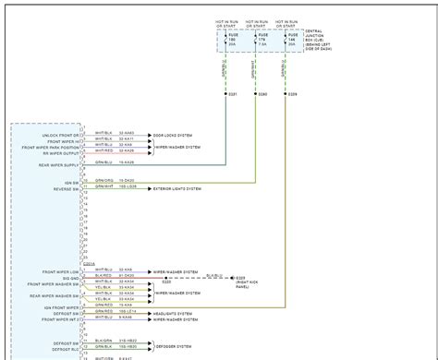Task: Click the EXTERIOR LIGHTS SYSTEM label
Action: [177, 187]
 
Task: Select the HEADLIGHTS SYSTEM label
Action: [174, 312]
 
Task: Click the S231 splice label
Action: [233, 94]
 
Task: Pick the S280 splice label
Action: [262, 94]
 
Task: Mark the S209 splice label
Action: [293, 94]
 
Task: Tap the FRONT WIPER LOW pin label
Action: [60, 271]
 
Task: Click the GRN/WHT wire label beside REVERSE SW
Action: [103, 187]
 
